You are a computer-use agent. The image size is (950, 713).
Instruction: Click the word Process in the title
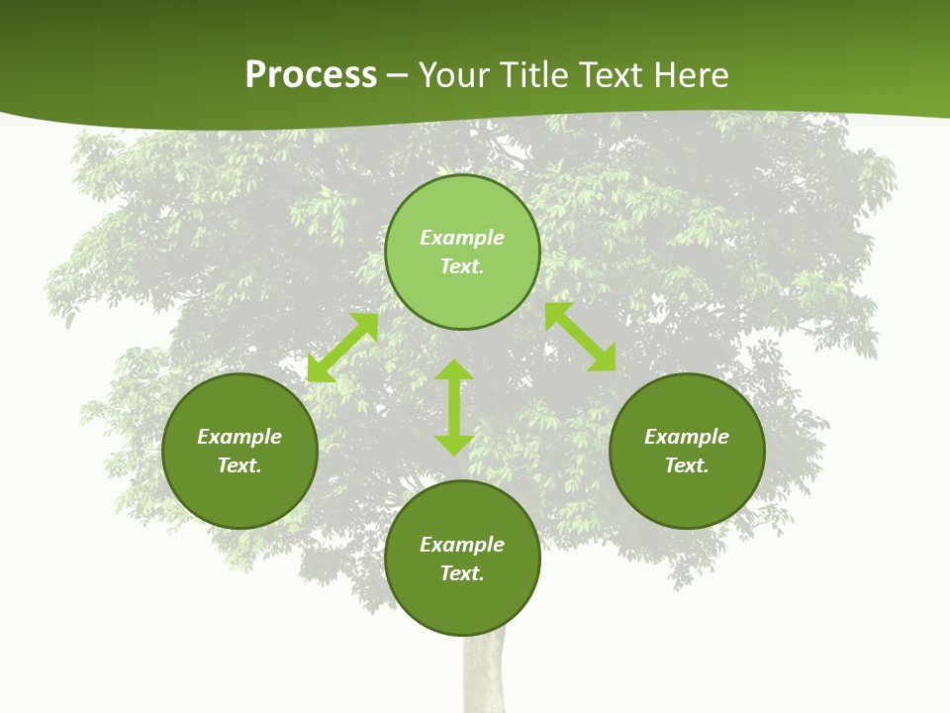(x=311, y=75)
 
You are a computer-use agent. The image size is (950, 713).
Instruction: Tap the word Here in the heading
(x=689, y=75)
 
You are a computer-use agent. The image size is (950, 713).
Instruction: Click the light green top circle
(x=462, y=208)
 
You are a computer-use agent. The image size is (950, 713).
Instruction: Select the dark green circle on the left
(x=239, y=495)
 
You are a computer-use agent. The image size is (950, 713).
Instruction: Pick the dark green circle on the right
(x=687, y=495)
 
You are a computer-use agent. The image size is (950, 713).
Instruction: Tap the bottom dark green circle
(x=462, y=604)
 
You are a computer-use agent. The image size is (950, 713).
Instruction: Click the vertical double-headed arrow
(x=454, y=407)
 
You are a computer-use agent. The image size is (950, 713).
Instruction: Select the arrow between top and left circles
(x=342, y=348)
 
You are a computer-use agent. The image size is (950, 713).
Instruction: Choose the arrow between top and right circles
(x=581, y=337)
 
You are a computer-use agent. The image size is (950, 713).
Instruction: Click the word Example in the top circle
(x=462, y=238)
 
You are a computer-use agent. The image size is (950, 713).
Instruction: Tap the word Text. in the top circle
(x=462, y=266)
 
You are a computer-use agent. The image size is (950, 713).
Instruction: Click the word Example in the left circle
(x=239, y=437)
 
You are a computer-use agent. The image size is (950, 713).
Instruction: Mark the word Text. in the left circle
(x=239, y=465)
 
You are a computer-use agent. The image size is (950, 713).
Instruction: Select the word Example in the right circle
(x=687, y=437)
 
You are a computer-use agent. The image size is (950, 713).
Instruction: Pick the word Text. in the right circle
(x=687, y=465)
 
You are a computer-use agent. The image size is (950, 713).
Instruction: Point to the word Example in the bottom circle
(x=462, y=545)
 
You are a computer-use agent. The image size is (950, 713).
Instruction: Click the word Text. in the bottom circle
(x=462, y=573)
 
